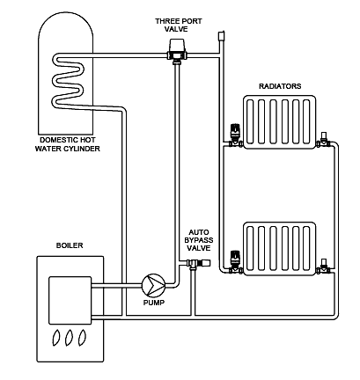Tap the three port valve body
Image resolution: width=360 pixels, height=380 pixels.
pos(177,51)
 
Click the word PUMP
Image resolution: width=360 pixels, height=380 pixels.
pos(154,303)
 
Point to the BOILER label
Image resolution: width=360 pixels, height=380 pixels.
pos(70,245)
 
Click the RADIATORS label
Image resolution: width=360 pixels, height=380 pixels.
pos(280,86)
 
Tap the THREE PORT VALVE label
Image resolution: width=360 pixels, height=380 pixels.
pos(179,26)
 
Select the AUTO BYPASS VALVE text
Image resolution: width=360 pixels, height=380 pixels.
pos(199,240)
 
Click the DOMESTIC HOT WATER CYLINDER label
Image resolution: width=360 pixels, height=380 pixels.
pos(68,144)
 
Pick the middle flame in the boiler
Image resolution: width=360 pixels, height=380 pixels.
pos(70,337)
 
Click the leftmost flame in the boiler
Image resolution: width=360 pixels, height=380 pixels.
pos(56,337)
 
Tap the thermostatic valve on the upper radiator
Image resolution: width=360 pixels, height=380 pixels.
pos(235,136)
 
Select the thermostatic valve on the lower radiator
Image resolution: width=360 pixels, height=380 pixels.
pos(235,263)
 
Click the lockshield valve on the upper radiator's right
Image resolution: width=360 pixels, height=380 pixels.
pos(323,140)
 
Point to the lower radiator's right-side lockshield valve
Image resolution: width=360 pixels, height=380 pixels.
pos(323,266)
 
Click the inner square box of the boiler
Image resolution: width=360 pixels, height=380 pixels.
pos(70,301)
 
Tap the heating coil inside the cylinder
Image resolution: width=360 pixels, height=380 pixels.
pos(68,81)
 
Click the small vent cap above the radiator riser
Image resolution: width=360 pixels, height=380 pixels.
pos(221,35)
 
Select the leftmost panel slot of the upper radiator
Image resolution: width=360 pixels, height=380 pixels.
pos(250,121)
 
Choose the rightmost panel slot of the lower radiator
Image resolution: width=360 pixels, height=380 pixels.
pos(306,248)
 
